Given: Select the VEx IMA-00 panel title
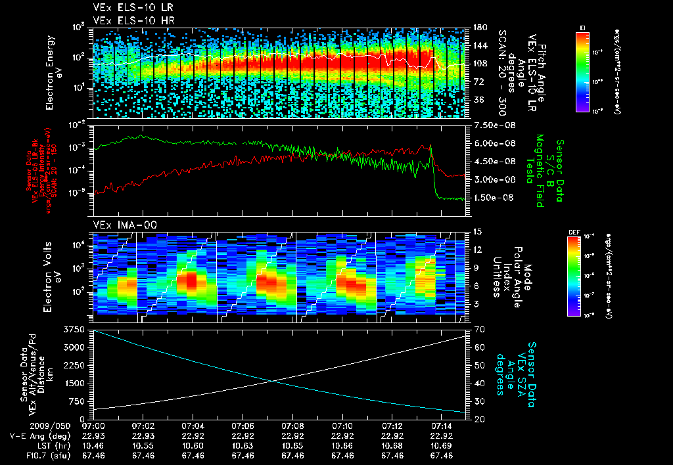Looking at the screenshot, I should (x=120, y=225).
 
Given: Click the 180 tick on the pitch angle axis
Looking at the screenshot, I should (x=480, y=28).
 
